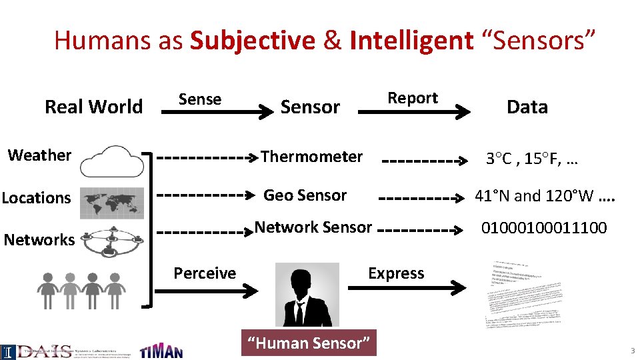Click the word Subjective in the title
click(x=253, y=41)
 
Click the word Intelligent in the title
click(x=411, y=41)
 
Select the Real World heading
click(x=93, y=107)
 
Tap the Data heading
click(x=527, y=107)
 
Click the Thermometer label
click(x=311, y=157)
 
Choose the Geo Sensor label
click(x=305, y=195)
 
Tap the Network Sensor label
click(x=313, y=227)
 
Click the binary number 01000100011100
click(x=544, y=228)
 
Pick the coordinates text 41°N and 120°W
click(x=544, y=196)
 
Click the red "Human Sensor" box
click(x=309, y=343)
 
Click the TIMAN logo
click(x=161, y=351)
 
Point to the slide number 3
click(x=633, y=351)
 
